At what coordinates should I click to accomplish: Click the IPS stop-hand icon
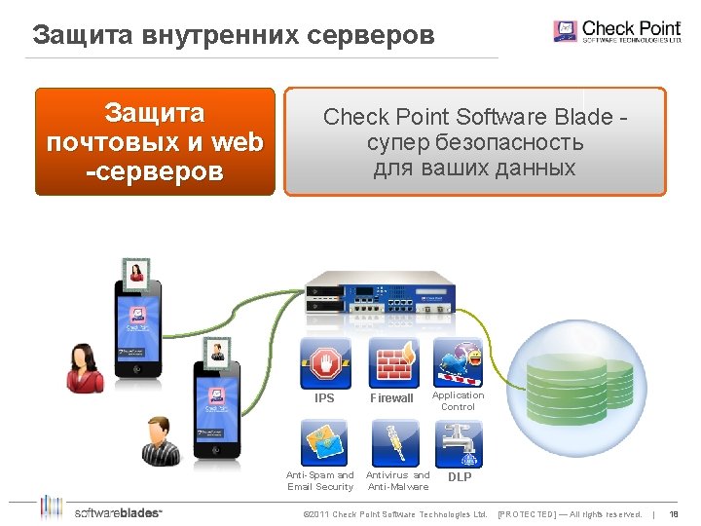pyautogui.click(x=325, y=362)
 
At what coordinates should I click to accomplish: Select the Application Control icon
pyautogui.click(x=458, y=362)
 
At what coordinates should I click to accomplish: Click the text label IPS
pyautogui.click(x=324, y=398)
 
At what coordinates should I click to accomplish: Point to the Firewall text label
pyautogui.click(x=391, y=398)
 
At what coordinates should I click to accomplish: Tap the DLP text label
pyautogui.click(x=460, y=477)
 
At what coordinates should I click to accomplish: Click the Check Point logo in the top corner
pyautogui.click(x=616, y=30)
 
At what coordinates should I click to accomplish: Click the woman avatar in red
pyautogui.click(x=85, y=367)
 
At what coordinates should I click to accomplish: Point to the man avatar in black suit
pyautogui.click(x=161, y=442)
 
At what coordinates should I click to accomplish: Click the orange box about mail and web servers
pyautogui.click(x=156, y=142)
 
